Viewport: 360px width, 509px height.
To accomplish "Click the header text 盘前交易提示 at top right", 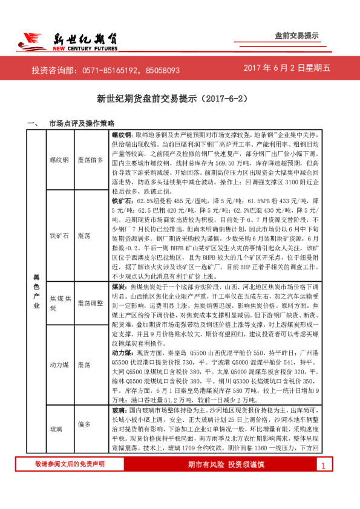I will tap(296, 36).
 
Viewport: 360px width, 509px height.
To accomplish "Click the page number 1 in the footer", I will tap(323, 482).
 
